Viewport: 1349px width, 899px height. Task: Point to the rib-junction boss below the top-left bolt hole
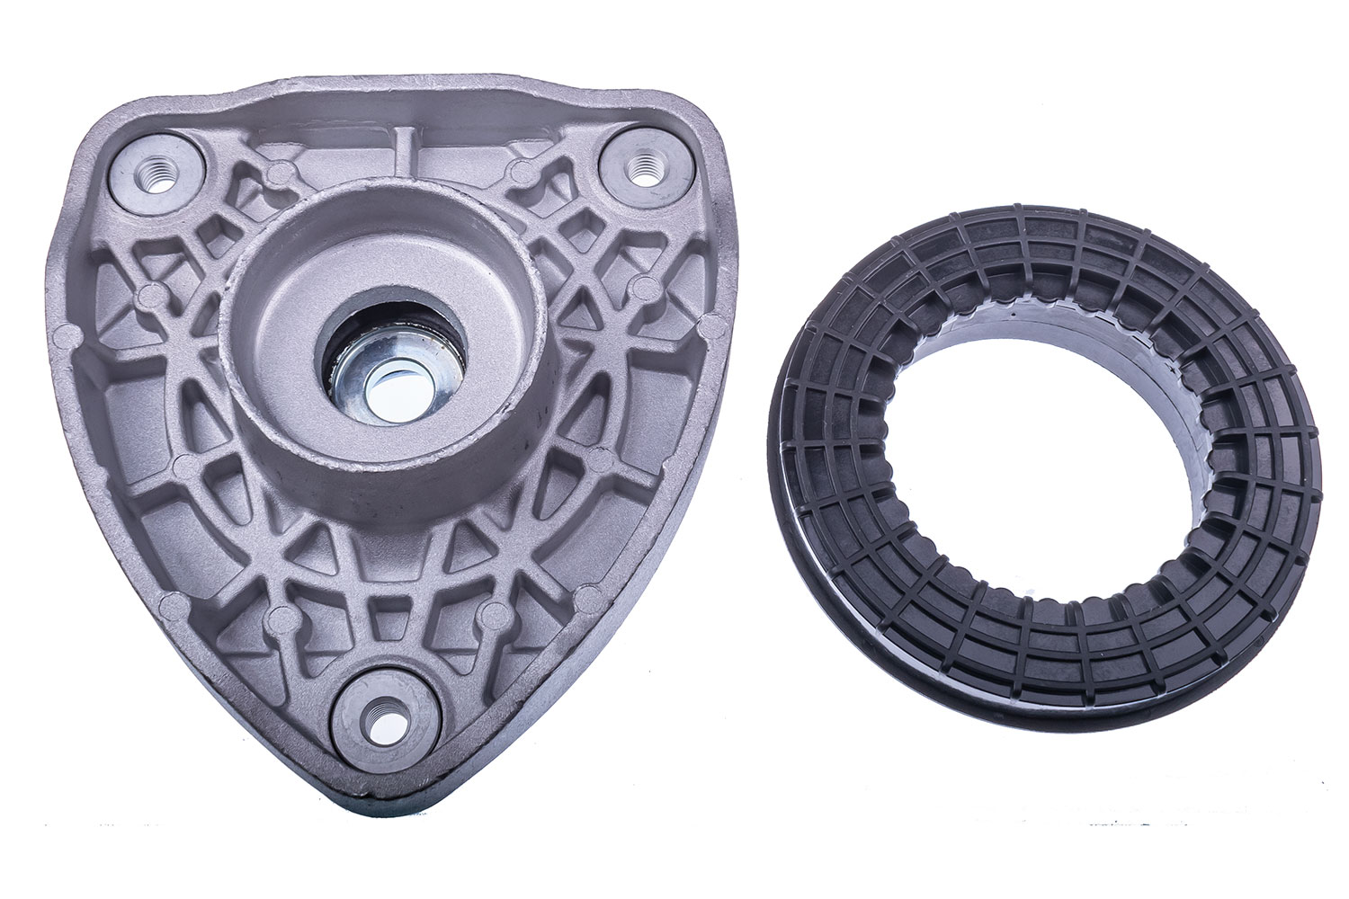154,293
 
